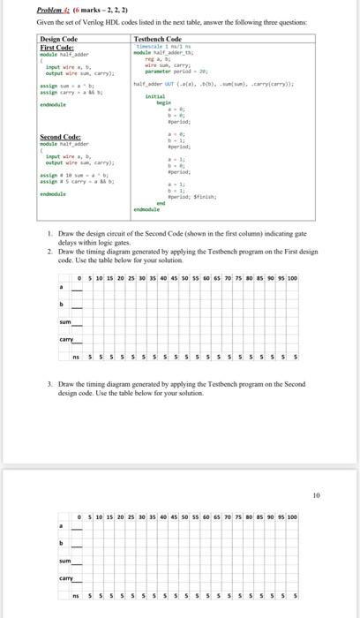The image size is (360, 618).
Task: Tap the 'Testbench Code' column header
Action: tap(157, 39)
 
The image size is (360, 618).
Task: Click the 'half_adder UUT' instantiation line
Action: tap(151, 82)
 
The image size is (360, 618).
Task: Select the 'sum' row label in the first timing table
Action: tap(64, 321)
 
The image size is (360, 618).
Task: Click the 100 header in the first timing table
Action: tap(292, 279)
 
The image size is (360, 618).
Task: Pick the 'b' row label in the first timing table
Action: tap(61, 305)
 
